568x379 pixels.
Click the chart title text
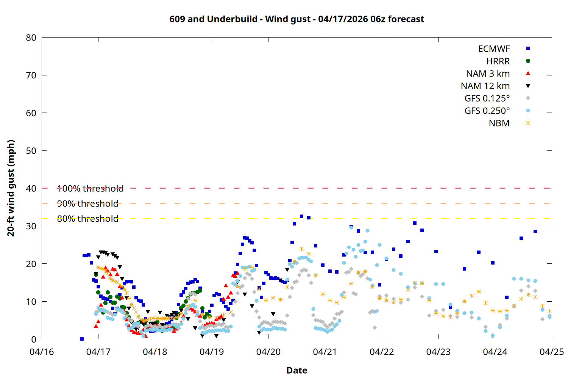(x=296, y=19)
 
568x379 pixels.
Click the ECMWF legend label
(x=494, y=49)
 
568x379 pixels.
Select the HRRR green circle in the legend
(x=528, y=61)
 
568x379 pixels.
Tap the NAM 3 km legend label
(x=488, y=74)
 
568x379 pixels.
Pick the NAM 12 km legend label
(x=485, y=86)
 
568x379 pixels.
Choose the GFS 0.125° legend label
(x=487, y=99)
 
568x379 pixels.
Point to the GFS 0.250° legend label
(x=487, y=111)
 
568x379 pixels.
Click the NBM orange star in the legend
(x=528, y=123)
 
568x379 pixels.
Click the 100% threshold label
(x=90, y=188)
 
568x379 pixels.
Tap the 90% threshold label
(x=87, y=204)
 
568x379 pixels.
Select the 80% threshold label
(x=87, y=219)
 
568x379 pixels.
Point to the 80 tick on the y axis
(x=31, y=38)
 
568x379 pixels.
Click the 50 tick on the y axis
(x=31, y=150)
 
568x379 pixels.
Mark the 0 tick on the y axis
(x=34, y=339)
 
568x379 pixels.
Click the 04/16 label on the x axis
(x=42, y=352)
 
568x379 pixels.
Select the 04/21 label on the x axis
(x=325, y=352)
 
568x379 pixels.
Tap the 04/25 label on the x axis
(x=551, y=352)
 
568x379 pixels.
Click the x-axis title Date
(x=296, y=370)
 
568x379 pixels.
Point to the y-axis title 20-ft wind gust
(x=11, y=188)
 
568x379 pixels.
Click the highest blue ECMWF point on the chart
(x=301, y=216)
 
